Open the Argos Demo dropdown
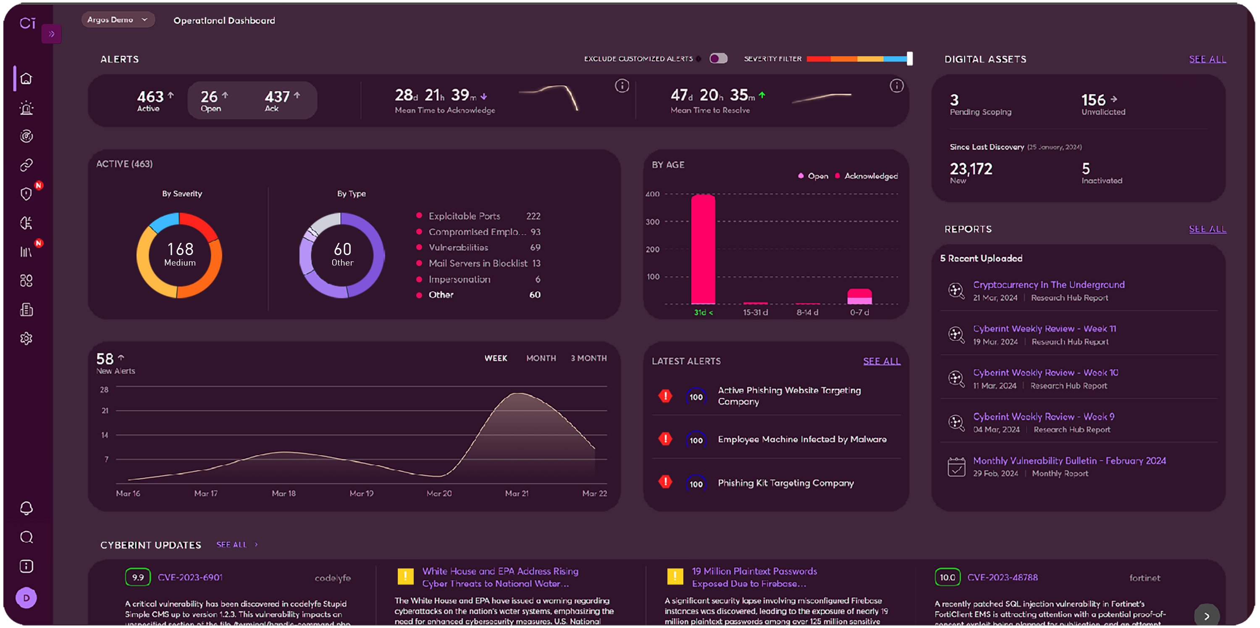[x=118, y=20]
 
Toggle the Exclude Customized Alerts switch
[x=719, y=59]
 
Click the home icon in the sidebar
[x=26, y=79]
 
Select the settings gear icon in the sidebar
[x=26, y=338]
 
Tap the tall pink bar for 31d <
[x=703, y=249]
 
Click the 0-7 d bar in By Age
[x=859, y=297]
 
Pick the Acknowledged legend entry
[x=871, y=176]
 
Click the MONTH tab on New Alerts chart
[x=541, y=358]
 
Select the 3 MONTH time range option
[x=588, y=358]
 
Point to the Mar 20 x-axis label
[x=439, y=494]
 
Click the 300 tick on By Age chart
[x=653, y=222]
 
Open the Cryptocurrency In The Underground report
[x=1049, y=284]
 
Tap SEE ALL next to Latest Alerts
[x=882, y=361]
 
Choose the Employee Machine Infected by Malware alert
[x=802, y=439]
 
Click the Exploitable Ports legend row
[x=464, y=216]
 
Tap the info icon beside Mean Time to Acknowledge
[x=622, y=86]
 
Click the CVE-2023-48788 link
[x=1002, y=577]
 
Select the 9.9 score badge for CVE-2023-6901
[x=137, y=577]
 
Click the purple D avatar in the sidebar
[x=26, y=598]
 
